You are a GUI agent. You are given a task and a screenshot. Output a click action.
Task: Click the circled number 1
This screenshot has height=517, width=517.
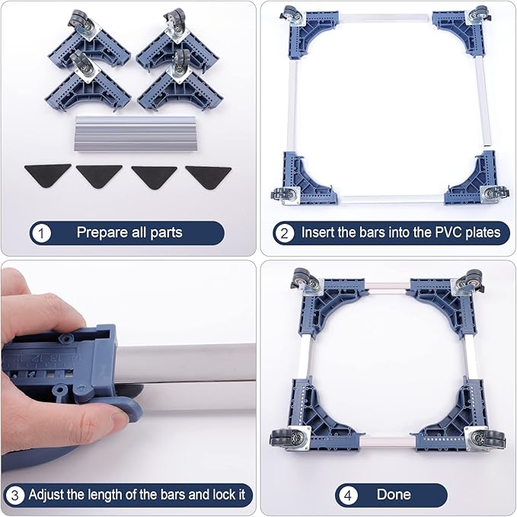[41, 233]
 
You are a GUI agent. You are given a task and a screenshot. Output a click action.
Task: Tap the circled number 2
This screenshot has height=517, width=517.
[284, 233]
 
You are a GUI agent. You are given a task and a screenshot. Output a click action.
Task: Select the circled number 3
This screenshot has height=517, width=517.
[14, 495]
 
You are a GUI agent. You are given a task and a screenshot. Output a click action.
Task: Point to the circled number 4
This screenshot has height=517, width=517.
[348, 495]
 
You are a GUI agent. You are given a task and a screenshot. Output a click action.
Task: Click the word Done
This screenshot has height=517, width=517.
[394, 495]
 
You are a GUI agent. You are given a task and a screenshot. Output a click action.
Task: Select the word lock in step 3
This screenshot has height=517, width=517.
[223, 495]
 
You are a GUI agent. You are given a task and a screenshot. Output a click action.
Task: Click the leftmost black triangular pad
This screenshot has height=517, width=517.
[48, 175]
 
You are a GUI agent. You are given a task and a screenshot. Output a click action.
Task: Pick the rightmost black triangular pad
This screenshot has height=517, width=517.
[209, 177]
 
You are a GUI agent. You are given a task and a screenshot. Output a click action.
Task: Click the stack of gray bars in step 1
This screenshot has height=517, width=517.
[136, 133]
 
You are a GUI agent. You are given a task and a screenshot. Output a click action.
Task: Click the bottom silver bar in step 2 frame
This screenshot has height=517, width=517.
[391, 199]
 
